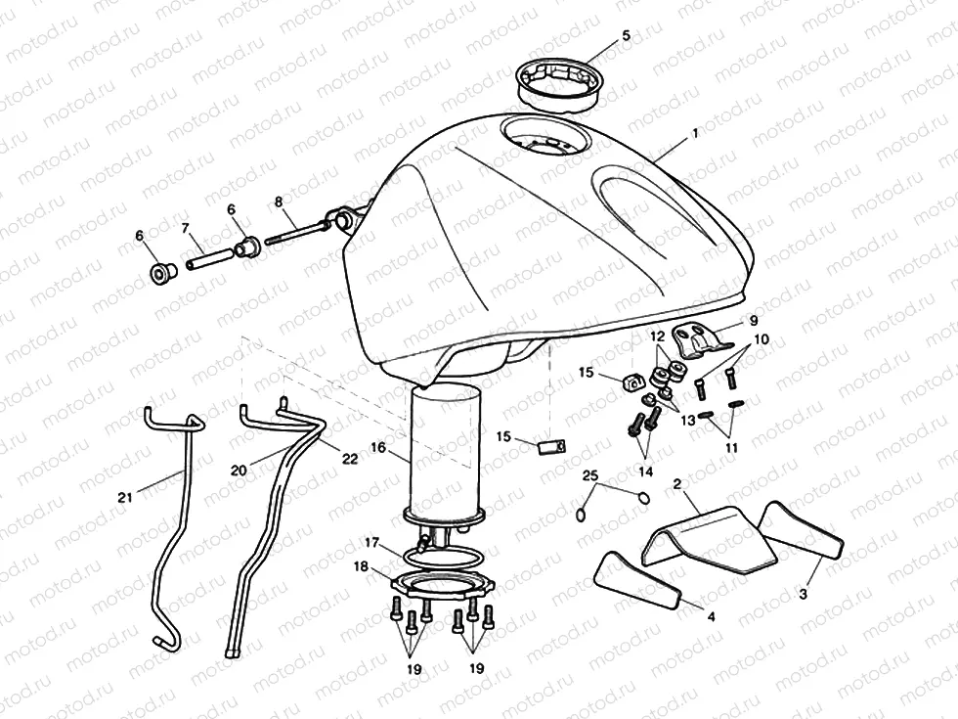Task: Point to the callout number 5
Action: (626, 36)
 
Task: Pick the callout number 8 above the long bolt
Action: (279, 202)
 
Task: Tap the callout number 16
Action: (378, 448)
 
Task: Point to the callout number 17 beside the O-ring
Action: (372, 541)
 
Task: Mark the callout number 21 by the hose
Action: (124, 497)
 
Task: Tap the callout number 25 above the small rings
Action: (590, 475)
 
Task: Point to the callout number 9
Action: (753, 319)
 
